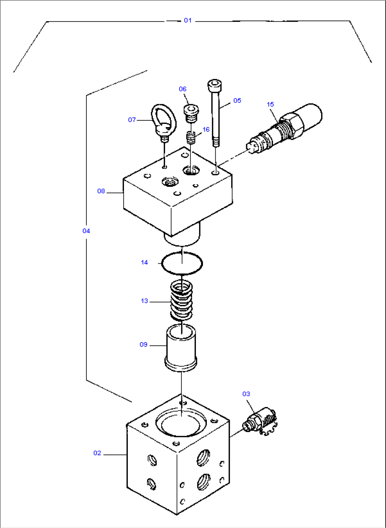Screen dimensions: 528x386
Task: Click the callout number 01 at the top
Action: (x=188, y=21)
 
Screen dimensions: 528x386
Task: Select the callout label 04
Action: (x=86, y=231)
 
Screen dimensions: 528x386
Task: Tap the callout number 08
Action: (x=101, y=191)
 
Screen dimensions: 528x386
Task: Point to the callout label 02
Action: (x=97, y=453)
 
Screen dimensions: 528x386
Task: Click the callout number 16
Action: (x=206, y=130)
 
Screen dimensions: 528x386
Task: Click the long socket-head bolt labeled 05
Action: (x=215, y=113)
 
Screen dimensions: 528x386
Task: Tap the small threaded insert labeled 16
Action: (x=191, y=137)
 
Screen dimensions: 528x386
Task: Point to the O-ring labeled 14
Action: (x=182, y=263)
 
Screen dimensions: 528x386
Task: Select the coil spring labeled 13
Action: (x=182, y=300)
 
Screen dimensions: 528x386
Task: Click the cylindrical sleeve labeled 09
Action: (x=181, y=348)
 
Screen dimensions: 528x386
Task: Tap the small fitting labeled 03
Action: (x=260, y=421)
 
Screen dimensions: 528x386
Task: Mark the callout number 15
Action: (x=270, y=104)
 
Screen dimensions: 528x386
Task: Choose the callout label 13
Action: (x=144, y=301)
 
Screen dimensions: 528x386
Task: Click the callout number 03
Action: (x=246, y=394)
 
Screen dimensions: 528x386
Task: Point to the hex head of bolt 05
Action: (x=214, y=85)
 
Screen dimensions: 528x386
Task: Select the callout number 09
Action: (x=143, y=345)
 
